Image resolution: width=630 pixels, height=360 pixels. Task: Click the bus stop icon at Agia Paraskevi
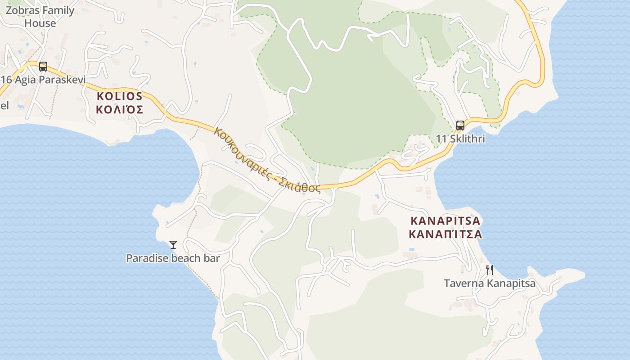43,67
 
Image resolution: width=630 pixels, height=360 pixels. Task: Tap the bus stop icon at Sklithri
460,125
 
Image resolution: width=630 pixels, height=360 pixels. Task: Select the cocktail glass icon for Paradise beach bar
173,245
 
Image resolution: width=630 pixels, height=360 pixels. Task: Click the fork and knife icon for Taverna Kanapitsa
490,270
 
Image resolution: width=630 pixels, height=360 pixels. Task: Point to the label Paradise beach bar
173,258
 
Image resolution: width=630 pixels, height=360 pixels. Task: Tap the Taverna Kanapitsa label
490,283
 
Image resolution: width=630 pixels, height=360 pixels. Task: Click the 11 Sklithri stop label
460,139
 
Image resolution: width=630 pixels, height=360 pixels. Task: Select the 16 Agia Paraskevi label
43,80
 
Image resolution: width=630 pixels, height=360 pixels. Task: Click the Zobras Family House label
40,17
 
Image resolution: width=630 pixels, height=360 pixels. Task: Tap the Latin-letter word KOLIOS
120,96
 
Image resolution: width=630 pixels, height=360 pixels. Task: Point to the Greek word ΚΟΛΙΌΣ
120,109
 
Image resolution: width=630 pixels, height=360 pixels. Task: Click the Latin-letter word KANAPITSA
445,221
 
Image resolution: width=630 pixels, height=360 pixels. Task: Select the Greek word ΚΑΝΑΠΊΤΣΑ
445,234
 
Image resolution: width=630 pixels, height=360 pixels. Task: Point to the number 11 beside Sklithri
441,139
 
